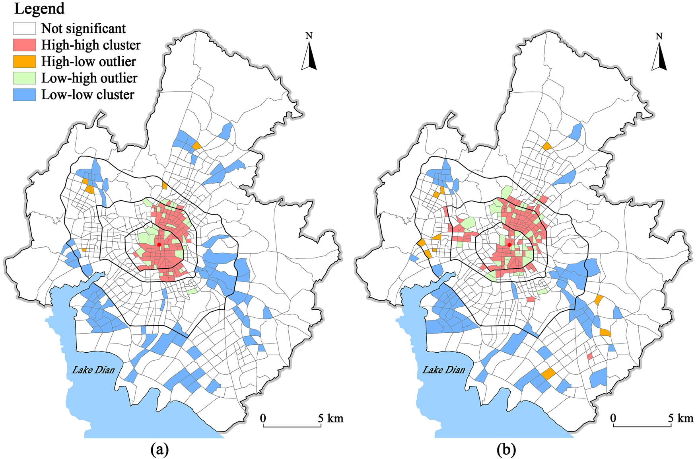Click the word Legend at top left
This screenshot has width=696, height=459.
coord(39,9)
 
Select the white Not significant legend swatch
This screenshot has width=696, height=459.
coord(24,29)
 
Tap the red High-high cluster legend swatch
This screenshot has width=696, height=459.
coord(24,45)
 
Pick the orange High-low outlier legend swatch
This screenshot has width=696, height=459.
coord(24,62)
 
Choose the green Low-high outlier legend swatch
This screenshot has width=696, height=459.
coord(24,78)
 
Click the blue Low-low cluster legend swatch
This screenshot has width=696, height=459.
coord(24,95)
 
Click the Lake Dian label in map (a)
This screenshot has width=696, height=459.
coord(93,370)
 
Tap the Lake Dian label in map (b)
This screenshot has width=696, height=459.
coord(443,370)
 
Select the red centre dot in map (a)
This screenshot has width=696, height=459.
coord(159,244)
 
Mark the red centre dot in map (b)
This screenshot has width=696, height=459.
coord(509,244)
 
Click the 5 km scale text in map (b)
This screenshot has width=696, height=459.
coord(680,418)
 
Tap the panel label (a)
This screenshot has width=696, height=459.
coord(160,450)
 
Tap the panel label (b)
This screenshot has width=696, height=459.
coord(506,450)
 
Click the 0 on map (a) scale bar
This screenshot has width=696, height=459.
coord(263,418)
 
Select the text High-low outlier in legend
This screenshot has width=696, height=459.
coord(88,62)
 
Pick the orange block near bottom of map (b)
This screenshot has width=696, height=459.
coord(548,374)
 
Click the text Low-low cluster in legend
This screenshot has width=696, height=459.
coord(87,95)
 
